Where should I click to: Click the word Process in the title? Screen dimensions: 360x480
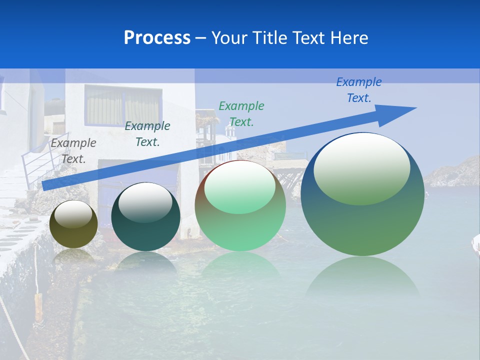[157, 38]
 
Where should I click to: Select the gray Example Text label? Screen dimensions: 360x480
[73, 151]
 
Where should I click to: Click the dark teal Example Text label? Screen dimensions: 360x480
[147, 134]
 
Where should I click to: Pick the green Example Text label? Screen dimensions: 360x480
[241, 114]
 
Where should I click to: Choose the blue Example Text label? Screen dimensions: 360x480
[359, 90]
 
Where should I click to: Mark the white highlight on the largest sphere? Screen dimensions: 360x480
[361, 167]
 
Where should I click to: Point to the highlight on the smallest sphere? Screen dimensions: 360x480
[73, 214]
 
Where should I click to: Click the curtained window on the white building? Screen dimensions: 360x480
[123, 105]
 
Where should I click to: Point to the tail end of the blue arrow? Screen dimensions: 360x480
[45, 185]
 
